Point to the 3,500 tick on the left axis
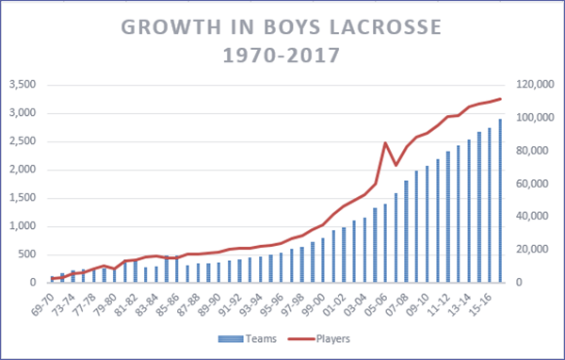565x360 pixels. coord(20,85)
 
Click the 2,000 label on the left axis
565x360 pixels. coord(20,170)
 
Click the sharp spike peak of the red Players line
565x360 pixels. coord(385,143)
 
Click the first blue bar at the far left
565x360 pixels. coord(54,279)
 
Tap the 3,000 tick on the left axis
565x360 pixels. coord(20,113)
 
